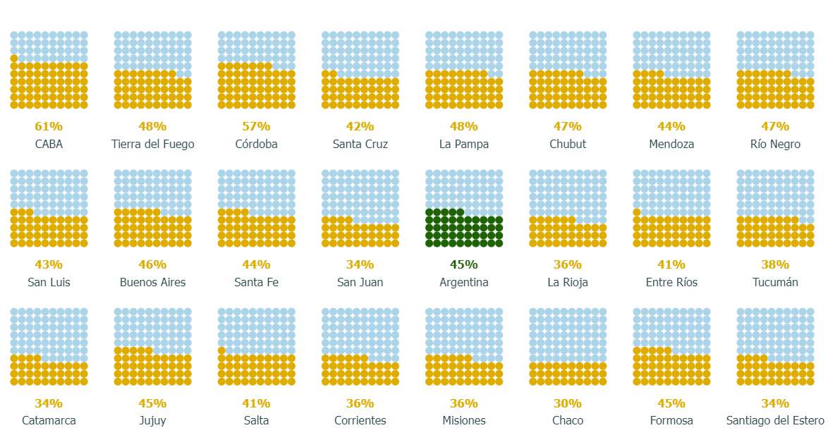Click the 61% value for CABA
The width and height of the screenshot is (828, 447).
coord(49,126)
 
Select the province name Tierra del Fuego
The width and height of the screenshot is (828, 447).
coord(152,144)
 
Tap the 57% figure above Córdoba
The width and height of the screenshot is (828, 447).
coord(256,126)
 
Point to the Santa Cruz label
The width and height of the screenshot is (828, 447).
coord(360,144)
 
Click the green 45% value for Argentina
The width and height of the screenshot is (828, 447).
coord(463,264)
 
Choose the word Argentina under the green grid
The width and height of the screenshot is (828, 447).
coord(463,282)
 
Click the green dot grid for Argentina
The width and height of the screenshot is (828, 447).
coord(463,228)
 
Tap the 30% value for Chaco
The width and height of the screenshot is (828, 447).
coord(567,403)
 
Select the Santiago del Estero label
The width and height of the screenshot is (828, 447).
coord(774,420)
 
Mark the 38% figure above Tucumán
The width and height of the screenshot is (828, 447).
coord(774,264)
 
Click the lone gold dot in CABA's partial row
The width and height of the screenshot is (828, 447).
coord(14,59)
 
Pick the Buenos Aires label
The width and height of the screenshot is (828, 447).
coord(152,282)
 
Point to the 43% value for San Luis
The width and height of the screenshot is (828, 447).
coord(49,264)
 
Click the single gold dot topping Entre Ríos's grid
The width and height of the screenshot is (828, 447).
coord(637,212)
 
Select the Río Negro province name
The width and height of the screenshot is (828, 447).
coord(774,144)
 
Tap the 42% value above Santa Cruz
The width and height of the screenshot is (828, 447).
coord(360,126)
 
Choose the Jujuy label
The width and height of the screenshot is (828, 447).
coord(152,420)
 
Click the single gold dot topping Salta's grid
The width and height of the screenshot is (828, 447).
coord(221,350)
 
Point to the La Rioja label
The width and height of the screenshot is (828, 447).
coord(567,282)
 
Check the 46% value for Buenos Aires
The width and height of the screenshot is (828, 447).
coord(152,264)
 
